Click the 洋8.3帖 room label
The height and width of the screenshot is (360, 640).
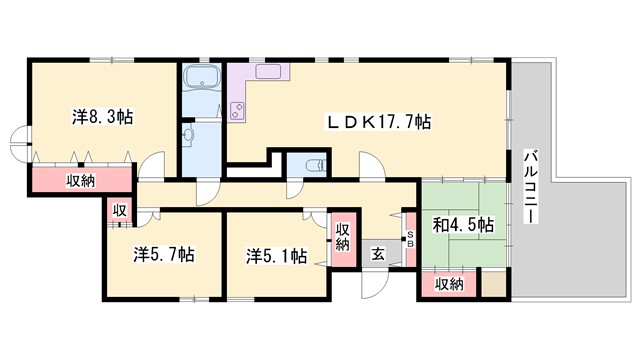[x=103, y=116]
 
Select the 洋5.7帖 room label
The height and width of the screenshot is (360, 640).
[x=164, y=254]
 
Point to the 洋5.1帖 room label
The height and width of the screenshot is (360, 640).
[x=276, y=254]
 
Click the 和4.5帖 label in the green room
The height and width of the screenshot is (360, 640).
[x=463, y=226]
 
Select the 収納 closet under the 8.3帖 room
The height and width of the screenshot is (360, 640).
[x=82, y=181]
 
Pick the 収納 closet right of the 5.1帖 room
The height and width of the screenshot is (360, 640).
[x=342, y=237]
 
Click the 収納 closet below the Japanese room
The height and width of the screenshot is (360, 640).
[x=449, y=284]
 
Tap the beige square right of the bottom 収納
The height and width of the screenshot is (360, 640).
[x=492, y=283]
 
